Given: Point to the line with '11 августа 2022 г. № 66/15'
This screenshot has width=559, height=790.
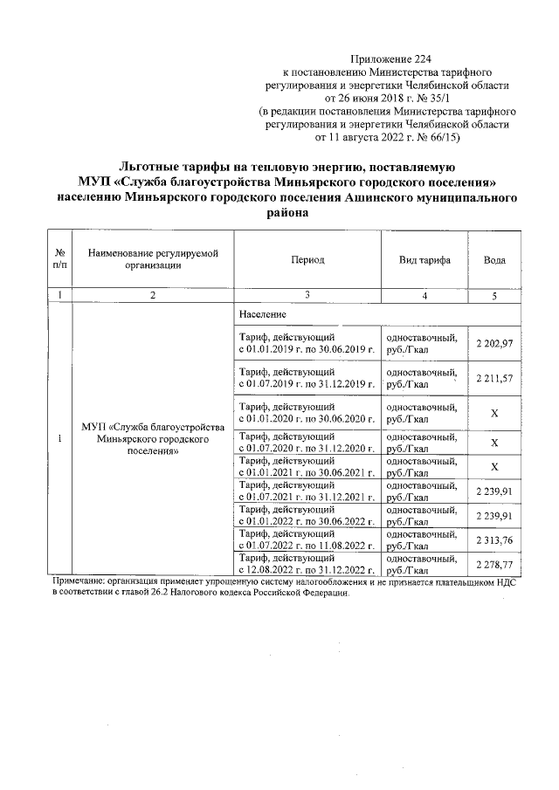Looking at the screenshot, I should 385,138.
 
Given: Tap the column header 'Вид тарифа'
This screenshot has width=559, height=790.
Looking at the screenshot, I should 424,261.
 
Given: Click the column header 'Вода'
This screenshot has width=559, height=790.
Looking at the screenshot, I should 494,261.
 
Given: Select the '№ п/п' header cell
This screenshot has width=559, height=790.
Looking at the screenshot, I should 61,261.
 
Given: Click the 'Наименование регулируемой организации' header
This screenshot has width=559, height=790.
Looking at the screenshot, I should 153,261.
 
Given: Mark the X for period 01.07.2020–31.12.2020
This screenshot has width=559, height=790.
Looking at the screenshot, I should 494,442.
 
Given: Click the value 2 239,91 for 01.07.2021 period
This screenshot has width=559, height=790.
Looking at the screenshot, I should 494,491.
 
